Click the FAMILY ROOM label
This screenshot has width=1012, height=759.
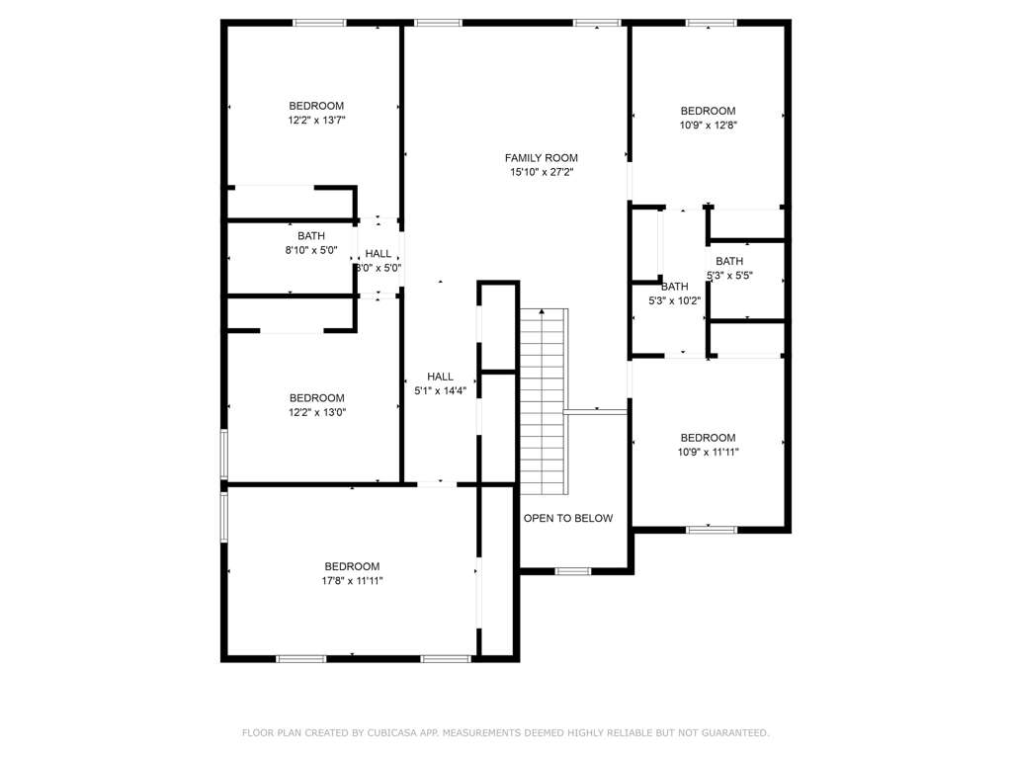pyautogui.click(x=541, y=158)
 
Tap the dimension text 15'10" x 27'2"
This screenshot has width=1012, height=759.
pyautogui.click(x=542, y=172)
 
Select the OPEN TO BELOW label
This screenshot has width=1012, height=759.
pyautogui.click(x=568, y=518)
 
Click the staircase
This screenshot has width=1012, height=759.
pyautogui.click(x=545, y=401)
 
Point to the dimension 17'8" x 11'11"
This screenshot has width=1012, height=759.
pyautogui.click(x=353, y=581)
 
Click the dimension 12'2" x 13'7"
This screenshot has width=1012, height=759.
pyautogui.click(x=317, y=120)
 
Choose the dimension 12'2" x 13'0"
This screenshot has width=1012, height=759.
pyautogui.click(x=317, y=412)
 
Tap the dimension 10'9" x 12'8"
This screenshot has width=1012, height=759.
pyautogui.click(x=708, y=126)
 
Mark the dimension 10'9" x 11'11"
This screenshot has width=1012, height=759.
pyautogui.click(x=708, y=453)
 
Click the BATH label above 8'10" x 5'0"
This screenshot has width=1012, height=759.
pyautogui.click(x=311, y=236)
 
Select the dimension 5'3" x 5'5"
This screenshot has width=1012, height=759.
pyautogui.click(x=730, y=276)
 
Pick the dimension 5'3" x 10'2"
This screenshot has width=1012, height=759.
pyautogui.click(x=674, y=300)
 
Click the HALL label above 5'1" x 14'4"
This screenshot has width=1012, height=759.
pyautogui.click(x=440, y=377)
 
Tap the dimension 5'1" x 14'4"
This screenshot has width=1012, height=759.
pyautogui.click(x=440, y=391)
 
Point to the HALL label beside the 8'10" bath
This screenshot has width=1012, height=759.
pyautogui.click(x=379, y=254)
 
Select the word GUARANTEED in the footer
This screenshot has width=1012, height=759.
pyautogui.click(x=735, y=733)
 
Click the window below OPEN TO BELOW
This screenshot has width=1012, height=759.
pyautogui.click(x=573, y=571)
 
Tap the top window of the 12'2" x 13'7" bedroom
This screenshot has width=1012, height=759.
pyautogui.click(x=320, y=24)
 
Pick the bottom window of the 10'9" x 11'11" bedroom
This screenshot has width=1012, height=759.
pyautogui.click(x=712, y=530)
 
